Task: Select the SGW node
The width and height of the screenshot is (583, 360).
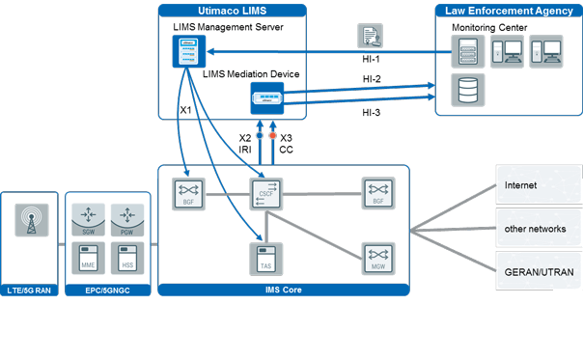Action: click(87, 217)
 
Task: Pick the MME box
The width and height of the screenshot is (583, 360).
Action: click(87, 260)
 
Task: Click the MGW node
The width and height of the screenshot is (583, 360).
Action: click(376, 256)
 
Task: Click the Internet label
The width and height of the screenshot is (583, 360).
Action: click(521, 184)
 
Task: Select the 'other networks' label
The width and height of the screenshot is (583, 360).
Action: click(529, 229)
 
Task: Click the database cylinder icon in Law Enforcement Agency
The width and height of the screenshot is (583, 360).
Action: click(467, 89)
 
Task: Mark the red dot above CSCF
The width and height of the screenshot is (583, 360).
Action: click(272, 136)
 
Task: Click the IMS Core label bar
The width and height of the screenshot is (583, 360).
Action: click(283, 289)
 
